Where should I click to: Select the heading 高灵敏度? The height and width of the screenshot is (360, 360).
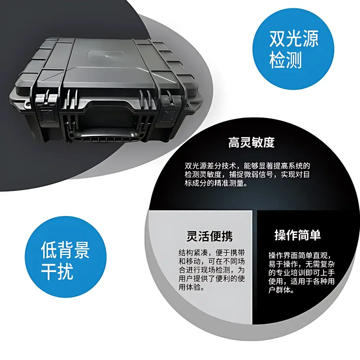click(x=251, y=143)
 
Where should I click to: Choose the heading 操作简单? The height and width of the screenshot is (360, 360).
click(x=297, y=235)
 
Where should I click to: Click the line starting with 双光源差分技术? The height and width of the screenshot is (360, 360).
click(x=247, y=166)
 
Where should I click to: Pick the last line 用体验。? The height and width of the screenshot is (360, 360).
click(x=193, y=287)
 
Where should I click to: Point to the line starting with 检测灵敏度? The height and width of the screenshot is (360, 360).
click(x=247, y=175)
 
